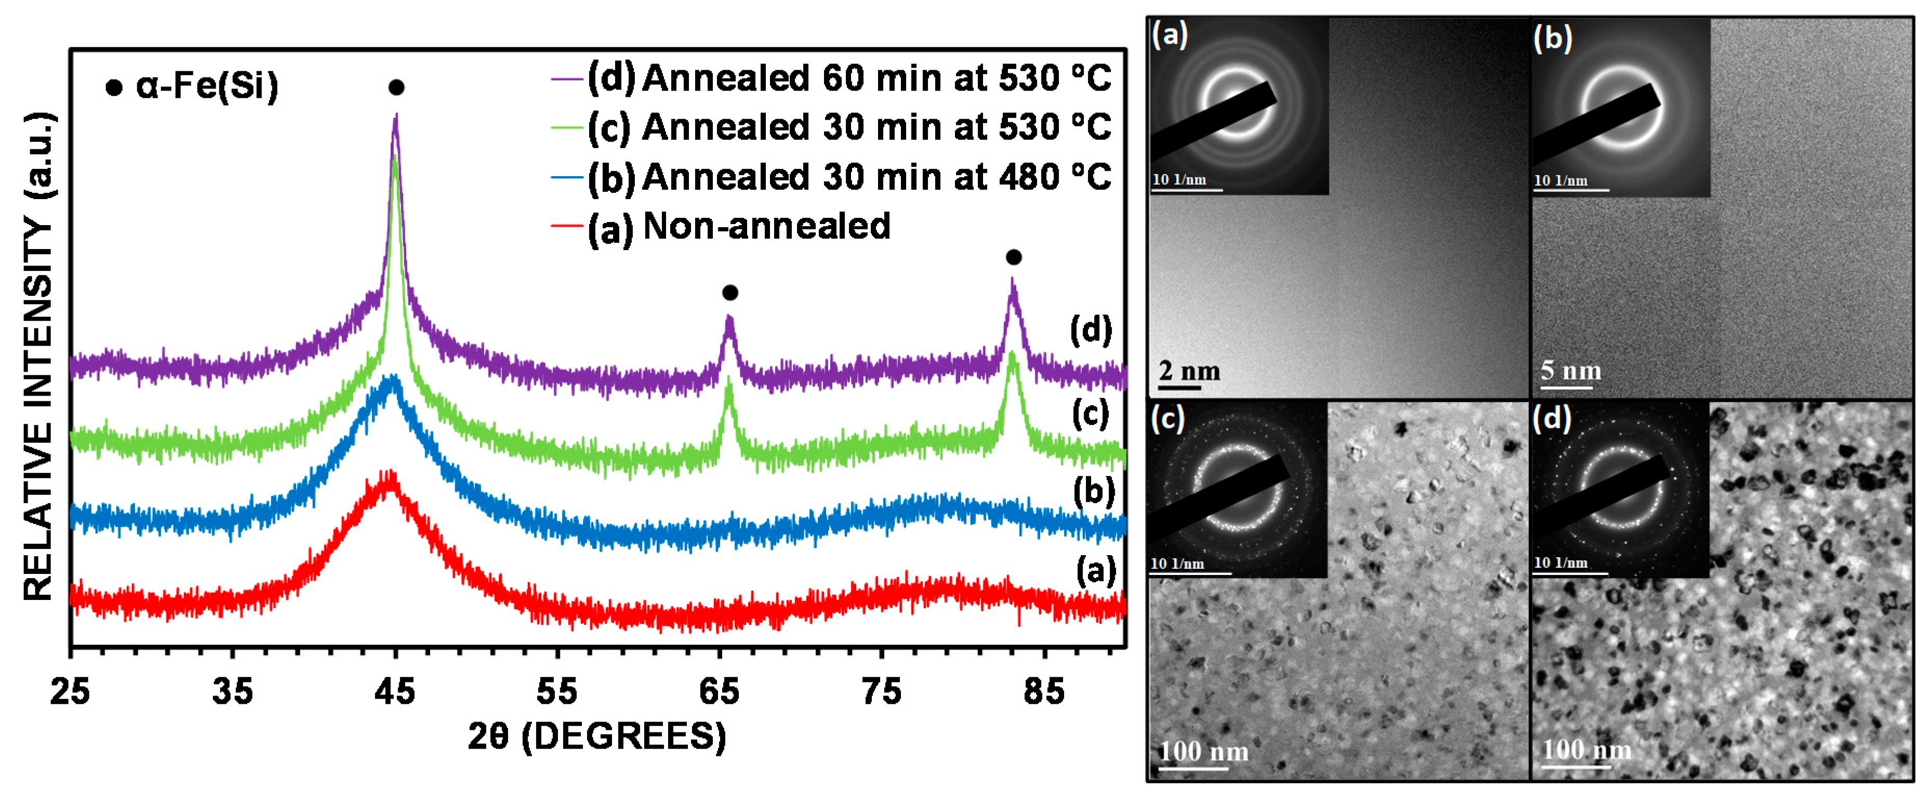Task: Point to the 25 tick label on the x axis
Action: (x=70, y=692)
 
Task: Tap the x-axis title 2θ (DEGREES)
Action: (x=596, y=737)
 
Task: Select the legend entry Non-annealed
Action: (x=766, y=226)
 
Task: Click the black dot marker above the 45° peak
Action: (x=396, y=87)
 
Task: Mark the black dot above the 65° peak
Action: (x=730, y=292)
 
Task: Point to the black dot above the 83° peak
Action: (x=1013, y=257)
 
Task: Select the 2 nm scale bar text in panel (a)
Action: (x=1189, y=371)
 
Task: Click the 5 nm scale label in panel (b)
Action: (x=1570, y=370)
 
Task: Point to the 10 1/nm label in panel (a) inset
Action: (x=1178, y=179)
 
